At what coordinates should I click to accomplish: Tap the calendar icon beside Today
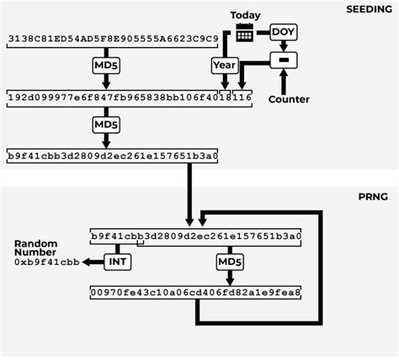[x=245, y=33]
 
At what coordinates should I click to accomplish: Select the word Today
[x=245, y=15]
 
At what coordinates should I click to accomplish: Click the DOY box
[x=283, y=32]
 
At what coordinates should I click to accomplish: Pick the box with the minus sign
[x=283, y=59]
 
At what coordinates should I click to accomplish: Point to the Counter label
[x=288, y=99]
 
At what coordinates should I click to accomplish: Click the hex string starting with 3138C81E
[x=113, y=39]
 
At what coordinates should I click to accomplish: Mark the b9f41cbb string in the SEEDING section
[x=112, y=156]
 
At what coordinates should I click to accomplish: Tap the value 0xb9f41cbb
[x=46, y=262]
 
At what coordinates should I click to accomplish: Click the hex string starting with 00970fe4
[x=195, y=293]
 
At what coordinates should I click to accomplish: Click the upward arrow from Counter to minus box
[x=283, y=81]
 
